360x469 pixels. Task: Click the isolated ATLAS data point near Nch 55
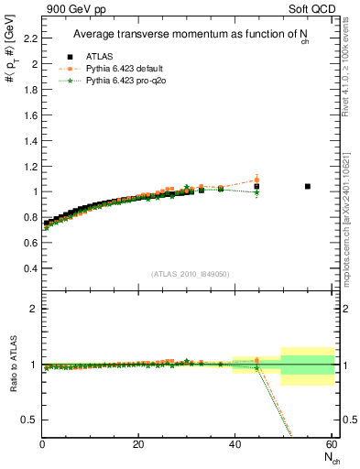(307, 186)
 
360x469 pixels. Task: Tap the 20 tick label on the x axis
(138, 444)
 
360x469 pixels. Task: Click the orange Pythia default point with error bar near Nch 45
(256, 180)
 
